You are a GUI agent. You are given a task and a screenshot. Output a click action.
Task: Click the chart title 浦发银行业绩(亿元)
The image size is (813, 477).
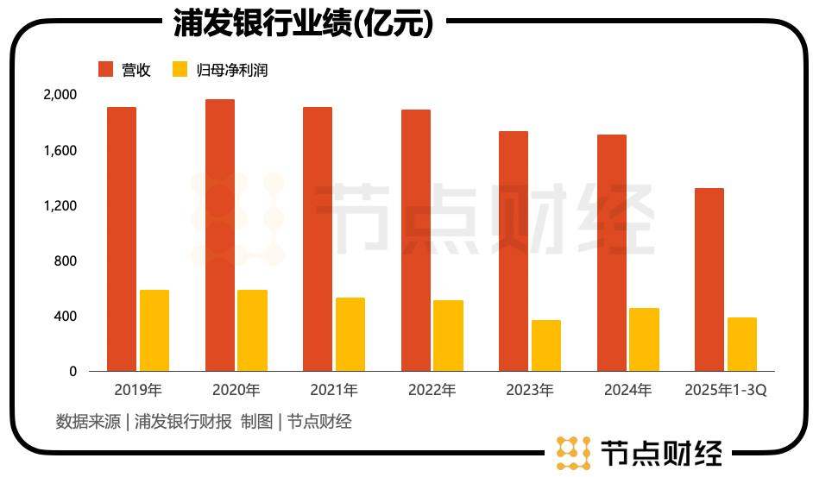(x=302, y=23)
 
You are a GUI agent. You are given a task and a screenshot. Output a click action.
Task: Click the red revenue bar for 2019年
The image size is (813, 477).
(x=122, y=239)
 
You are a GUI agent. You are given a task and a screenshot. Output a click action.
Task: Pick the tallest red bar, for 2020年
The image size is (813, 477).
(x=220, y=235)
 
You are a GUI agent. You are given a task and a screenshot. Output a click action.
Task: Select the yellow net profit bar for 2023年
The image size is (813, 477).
(x=546, y=346)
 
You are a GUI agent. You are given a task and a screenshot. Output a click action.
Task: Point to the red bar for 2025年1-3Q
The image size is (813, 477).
(x=709, y=279)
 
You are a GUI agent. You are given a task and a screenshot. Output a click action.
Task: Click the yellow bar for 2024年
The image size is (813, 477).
(x=644, y=340)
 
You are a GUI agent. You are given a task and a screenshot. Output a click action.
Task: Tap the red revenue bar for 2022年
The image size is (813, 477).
(x=416, y=241)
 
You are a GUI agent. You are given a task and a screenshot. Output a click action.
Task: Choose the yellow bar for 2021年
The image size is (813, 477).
(x=350, y=335)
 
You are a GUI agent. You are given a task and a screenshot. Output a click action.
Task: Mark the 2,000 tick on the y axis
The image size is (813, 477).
(x=60, y=95)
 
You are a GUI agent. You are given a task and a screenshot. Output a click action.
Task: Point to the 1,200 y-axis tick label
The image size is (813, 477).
(x=60, y=206)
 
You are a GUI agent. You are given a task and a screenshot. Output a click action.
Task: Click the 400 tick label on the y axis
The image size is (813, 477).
(x=66, y=317)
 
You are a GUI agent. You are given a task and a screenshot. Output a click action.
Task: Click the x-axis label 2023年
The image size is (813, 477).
(x=531, y=391)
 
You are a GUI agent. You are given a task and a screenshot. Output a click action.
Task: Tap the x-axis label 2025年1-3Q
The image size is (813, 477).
(x=726, y=391)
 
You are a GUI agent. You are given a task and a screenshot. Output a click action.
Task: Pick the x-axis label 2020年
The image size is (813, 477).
(x=236, y=391)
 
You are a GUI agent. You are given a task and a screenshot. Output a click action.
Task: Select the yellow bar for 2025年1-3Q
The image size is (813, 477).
(x=742, y=344)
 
